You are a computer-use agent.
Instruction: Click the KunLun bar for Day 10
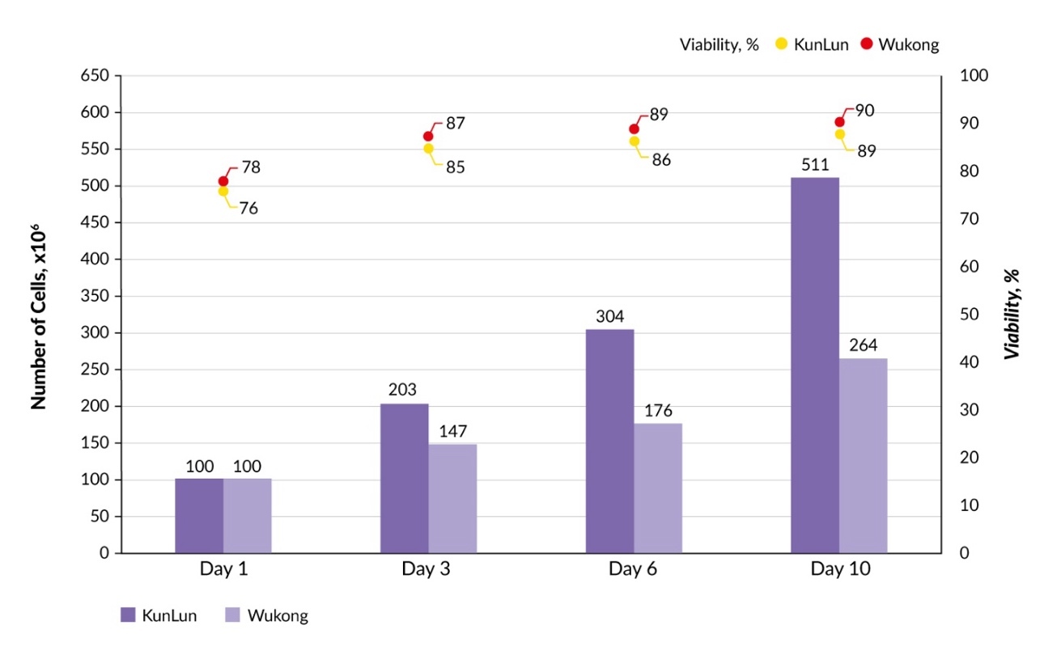815,365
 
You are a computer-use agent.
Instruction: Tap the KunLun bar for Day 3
404,478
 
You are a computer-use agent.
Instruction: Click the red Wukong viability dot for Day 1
223,181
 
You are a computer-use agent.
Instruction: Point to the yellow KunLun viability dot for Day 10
840,134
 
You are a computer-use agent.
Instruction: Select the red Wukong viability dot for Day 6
634,129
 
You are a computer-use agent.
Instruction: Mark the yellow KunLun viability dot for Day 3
429,149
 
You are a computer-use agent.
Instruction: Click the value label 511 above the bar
815,166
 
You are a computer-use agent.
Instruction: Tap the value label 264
863,346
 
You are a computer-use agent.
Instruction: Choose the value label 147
452,431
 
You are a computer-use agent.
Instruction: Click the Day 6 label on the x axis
634,568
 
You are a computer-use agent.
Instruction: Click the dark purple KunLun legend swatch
128,615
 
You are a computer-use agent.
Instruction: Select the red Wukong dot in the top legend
867,44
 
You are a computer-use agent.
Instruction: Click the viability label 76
248,208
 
